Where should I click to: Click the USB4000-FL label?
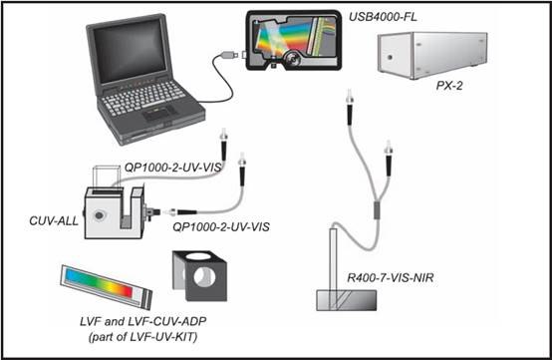(383, 17)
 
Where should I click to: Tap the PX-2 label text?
(449, 85)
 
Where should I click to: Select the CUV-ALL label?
(54, 220)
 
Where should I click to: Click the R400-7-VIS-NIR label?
(391, 277)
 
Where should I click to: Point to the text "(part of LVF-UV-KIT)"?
(142, 337)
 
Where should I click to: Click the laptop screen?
(130, 51)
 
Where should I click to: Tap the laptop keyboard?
(144, 99)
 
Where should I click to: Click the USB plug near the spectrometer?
(228, 55)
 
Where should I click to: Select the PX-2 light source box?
(432, 55)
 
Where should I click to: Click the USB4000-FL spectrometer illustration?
(293, 40)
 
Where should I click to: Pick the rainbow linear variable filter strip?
(107, 286)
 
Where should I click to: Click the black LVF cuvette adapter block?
(199, 275)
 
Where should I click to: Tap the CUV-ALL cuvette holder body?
(115, 212)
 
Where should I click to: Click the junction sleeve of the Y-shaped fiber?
(377, 210)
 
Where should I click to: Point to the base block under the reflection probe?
(347, 300)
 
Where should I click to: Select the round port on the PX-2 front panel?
(390, 57)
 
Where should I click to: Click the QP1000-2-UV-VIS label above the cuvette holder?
(172, 168)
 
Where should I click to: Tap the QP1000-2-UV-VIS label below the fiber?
(221, 226)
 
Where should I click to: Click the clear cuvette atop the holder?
(107, 178)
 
